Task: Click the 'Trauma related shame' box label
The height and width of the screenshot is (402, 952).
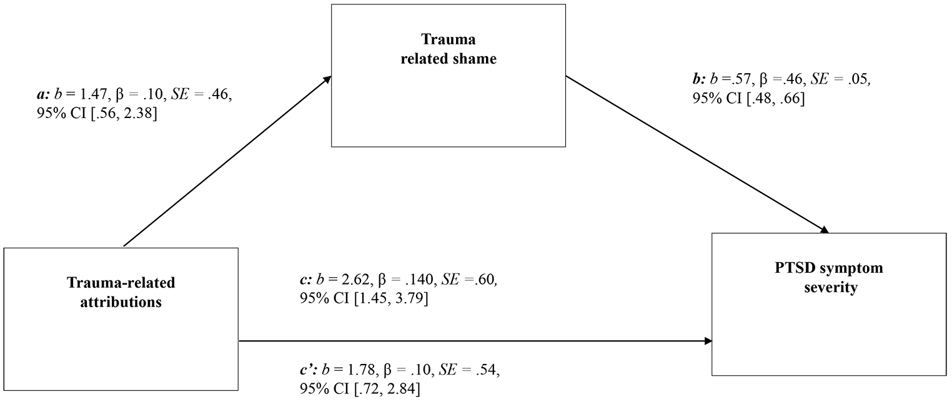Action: click(449, 49)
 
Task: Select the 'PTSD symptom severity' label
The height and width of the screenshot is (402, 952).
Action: click(829, 278)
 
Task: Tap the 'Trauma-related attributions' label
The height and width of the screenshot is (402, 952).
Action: click(121, 292)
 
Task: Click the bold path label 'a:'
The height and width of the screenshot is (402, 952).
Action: click(43, 95)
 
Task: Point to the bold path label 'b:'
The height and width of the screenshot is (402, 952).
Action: click(700, 79)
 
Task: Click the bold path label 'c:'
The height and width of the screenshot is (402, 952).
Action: click(306, 280)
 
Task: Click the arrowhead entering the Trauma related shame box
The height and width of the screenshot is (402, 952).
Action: click(327, 79)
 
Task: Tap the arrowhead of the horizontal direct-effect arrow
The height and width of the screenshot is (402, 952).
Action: click(708, 340)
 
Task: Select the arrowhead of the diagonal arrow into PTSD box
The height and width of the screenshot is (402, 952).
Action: click(825, 230)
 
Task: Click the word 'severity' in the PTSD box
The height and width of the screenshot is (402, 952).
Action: click(830, 287)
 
